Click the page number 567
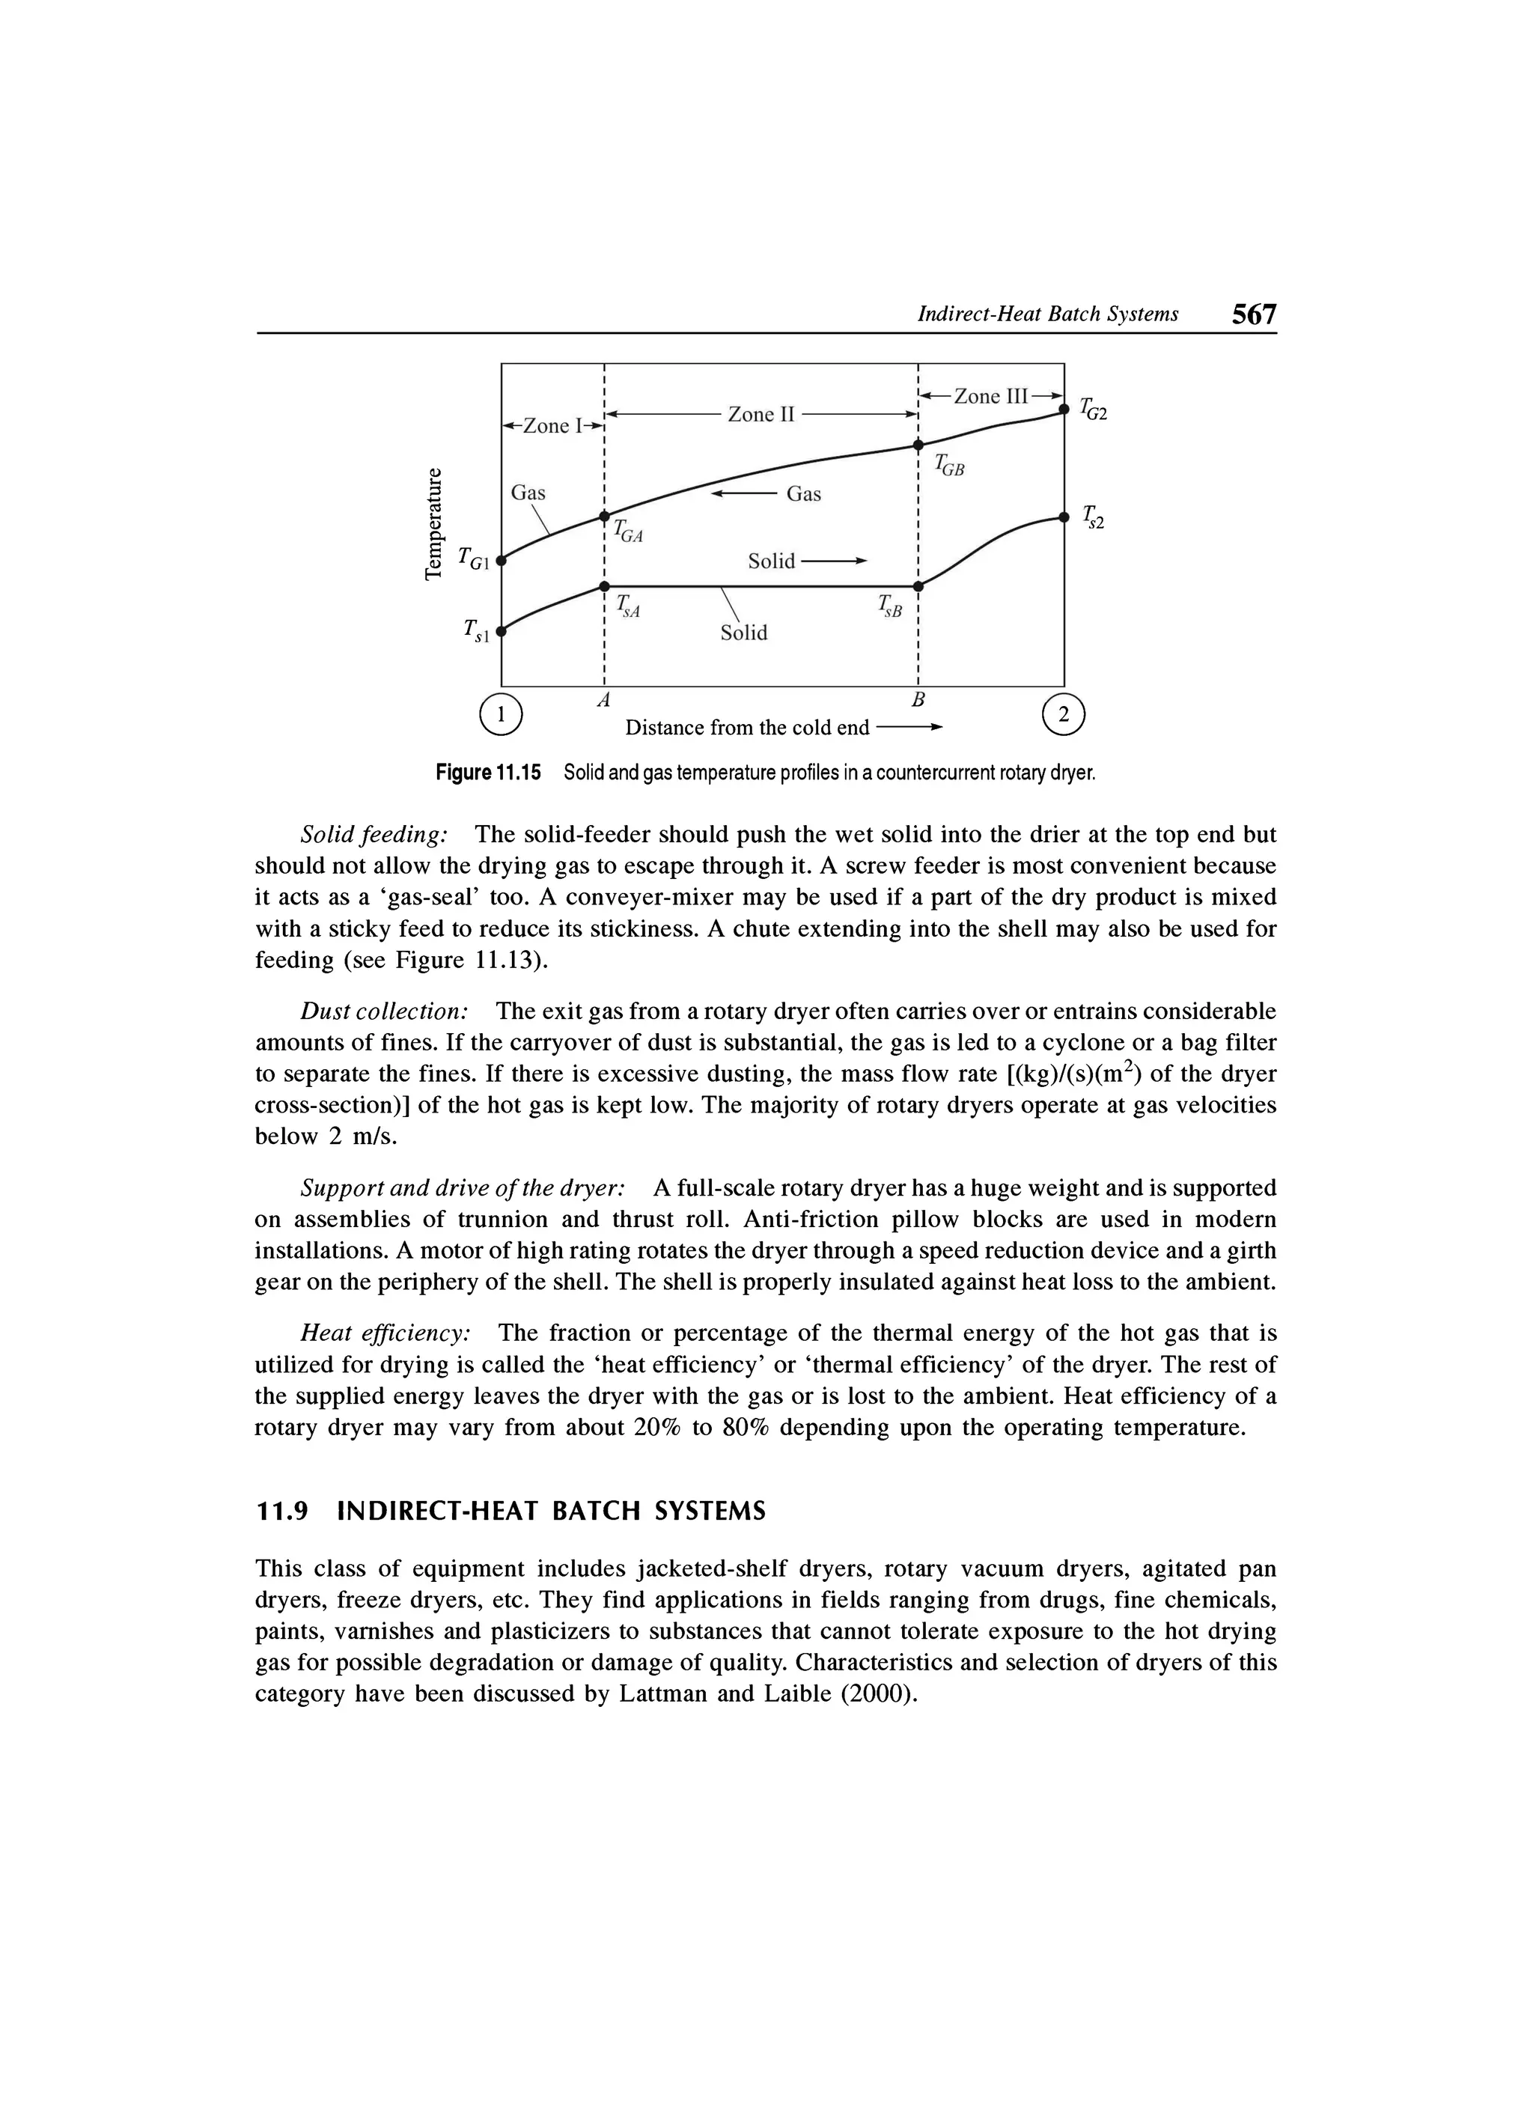pyautogui.click(x=1253, y=314)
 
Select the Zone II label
pyautogui.click(x=761, y=414)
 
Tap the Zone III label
pyautogui.click(x=990, y=396)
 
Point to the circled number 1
pyautogui.click(x=501, y=714)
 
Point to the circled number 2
pyautogui.click(x=1064, y=714)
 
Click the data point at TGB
pyautogui.click(x=918, y=445)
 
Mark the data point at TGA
pyautogui.click(x=604, y=516)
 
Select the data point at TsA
pyautogui.click(x=604, y=585)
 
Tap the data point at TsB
pyautogui.click(x=918, y=585)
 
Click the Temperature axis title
pyautogui.click(x=433, y=525)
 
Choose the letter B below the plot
pyautogui.click(x=918, y=698)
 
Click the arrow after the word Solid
pyautogui.click(x=834, y=561)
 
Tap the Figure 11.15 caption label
pyautogui.click(x=488, y=773)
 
